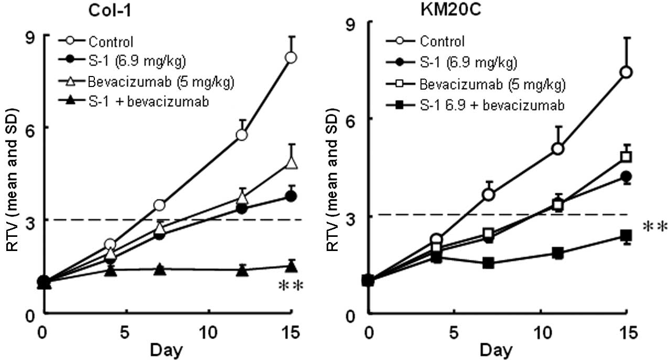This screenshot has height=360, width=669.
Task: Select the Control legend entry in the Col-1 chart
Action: pos(111,41)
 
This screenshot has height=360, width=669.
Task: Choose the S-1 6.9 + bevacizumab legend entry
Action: pos(492,105)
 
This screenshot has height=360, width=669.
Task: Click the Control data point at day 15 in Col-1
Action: pos(291,58)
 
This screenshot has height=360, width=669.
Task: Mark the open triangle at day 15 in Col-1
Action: pos(291,163)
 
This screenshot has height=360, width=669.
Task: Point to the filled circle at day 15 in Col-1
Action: pos(291,197)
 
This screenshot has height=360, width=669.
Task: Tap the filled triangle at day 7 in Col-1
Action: pos(160,270)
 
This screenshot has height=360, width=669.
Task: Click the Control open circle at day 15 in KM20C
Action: pos(625,72)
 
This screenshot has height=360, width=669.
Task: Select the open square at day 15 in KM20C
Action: pos(625,157)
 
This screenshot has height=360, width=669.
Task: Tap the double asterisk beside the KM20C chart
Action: pos(655,226)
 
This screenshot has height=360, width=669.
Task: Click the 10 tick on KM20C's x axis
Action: pos(539,332)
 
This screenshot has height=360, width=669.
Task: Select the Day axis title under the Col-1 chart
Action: pos(168,350)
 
